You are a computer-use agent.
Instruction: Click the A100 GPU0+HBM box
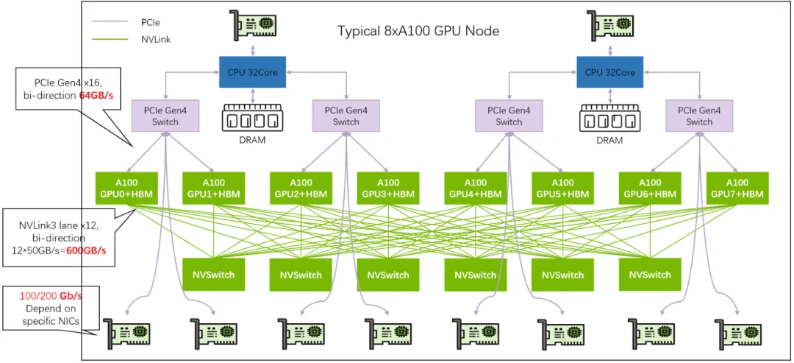(x=126, y=188)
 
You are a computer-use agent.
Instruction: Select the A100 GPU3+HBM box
(x=388, y=188)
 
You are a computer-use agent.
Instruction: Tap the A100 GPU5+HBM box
(x=562, y=188)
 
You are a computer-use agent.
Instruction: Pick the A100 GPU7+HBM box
(x=737, y=188)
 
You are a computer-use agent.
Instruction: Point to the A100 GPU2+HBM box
(x=301, y=188)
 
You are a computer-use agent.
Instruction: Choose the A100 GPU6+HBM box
(x=650, y=188)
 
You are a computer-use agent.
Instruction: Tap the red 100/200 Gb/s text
(x=51, y=295)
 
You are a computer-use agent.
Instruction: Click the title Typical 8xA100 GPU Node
(x=418, y=30)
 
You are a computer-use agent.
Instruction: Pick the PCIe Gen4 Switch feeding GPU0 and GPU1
(x=165, y=116)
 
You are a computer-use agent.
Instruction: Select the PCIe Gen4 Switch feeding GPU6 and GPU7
(x=699, y=116)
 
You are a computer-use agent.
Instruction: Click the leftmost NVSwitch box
(x=213, y=275)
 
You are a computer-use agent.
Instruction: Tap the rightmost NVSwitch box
(x=650, y=275)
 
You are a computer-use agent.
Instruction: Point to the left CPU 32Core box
(x=252, y=72)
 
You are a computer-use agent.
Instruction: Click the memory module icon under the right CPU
(x=609, y=117)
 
